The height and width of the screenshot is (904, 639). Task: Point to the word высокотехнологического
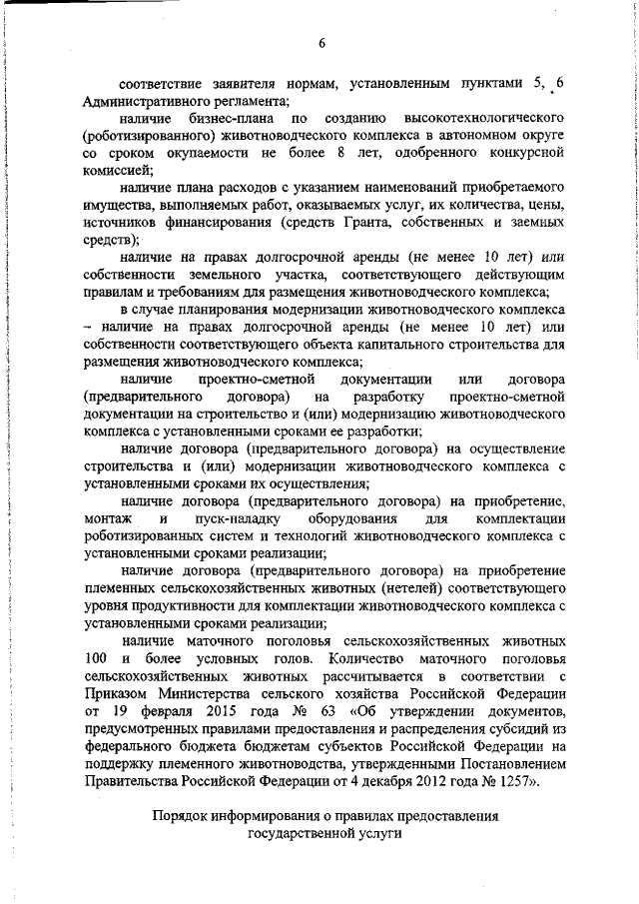point(488,120)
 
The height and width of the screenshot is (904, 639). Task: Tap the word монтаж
point(106,519)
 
